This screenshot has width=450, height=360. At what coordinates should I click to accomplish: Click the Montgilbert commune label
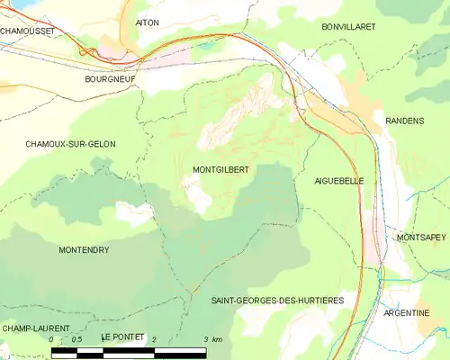(220, 169)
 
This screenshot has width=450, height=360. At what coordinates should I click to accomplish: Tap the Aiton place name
(147, 21)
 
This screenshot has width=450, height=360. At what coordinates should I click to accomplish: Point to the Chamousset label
(27, 31)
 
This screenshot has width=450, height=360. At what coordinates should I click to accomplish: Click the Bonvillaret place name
(348, 27)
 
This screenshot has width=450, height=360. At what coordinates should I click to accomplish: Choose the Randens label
(403, 120)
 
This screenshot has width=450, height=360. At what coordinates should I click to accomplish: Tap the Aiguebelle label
(339, 181)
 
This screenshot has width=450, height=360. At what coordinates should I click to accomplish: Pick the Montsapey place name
(420, 237)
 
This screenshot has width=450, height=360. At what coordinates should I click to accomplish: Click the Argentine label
(407, 312)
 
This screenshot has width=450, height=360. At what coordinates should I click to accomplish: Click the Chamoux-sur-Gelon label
(70, 144)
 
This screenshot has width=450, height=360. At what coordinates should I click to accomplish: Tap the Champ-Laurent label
(36, 328)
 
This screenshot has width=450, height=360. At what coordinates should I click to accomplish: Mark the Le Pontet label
(123, 337)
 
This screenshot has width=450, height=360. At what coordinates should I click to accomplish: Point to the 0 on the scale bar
(52, 339)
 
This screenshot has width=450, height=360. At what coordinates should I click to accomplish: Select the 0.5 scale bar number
(77, 339)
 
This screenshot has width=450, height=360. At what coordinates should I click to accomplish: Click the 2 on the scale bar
(155, 339)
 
